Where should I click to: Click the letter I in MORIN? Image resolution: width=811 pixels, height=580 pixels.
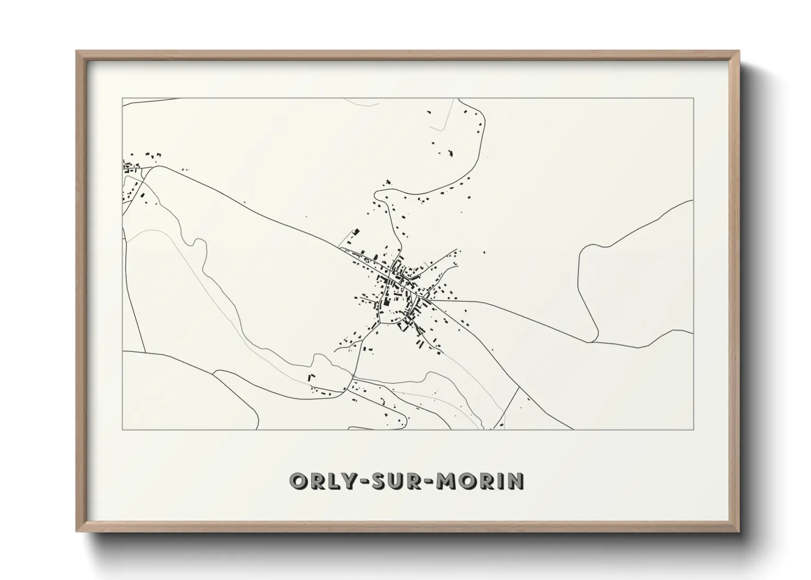click(501, 481)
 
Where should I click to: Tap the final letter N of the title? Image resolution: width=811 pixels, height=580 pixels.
click(516, 481)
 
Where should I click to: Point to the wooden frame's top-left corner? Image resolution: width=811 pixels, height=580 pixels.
click(77, 52)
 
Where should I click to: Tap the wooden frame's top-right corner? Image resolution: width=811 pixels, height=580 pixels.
click(739, 52)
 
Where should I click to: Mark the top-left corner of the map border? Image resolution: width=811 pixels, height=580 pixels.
click(122, 98)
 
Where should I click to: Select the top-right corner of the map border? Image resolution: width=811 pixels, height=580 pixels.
click(694, 98)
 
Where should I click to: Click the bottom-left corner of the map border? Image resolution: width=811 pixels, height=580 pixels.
click(122, 429)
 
